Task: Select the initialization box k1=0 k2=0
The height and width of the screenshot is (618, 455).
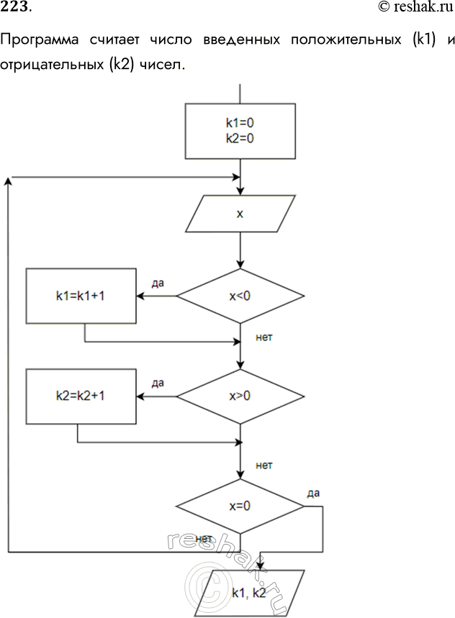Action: tap(240, 131)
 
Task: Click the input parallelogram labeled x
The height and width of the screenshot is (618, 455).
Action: tap(240, 214)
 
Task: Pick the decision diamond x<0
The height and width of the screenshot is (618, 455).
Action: tap(240, 296)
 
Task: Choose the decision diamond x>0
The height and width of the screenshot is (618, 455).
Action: tap(240, 396)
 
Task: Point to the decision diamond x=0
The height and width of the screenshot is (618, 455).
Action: tap(240, 506)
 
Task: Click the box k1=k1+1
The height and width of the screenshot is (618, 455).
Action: tap(81, 296)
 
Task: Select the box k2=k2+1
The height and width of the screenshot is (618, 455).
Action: tap(81, 396)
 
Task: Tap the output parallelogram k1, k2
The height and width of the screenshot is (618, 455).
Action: tap(249, 593)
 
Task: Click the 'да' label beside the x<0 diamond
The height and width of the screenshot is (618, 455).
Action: tap(158, 283)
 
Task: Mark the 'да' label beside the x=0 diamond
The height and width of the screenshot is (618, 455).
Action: tap(312, 493)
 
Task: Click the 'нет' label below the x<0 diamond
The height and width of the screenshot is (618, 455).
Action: tap(264, 336)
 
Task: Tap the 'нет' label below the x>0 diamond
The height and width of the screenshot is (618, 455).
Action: tap(264, 465)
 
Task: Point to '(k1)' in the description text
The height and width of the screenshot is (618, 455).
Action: tap(425, 40)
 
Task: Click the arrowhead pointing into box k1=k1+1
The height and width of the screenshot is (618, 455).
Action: tap(140, 296)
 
